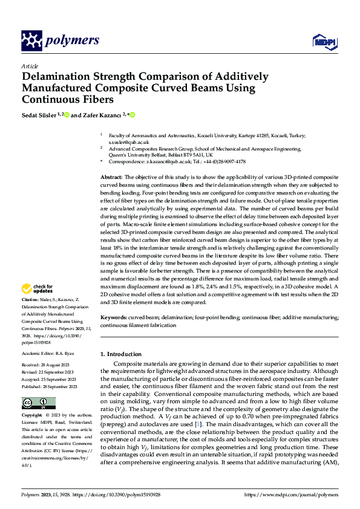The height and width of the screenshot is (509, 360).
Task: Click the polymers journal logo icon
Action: (x=31, y=41)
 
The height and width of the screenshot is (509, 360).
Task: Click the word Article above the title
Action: (x=30, y=66)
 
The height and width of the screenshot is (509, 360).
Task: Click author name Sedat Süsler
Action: (x=40, y=115)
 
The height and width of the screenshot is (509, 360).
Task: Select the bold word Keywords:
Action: (x=114, y=317)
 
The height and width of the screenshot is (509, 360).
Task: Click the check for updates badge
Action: (x=38, y=288)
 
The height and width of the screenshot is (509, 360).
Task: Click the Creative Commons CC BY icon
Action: (x=38, y=403)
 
